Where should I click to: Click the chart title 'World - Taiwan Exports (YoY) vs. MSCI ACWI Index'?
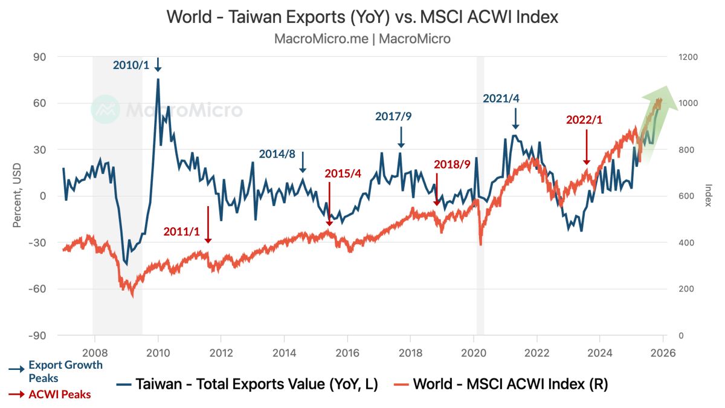pos(362,16)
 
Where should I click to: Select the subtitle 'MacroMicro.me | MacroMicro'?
pos(362,39)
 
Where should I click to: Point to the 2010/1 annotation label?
pos(130,65)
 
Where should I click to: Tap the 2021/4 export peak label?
pos(501,99)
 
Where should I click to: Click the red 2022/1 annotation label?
pos(584,120)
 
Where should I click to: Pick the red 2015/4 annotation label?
pos(343,173)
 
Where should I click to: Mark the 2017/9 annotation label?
pos(393,116)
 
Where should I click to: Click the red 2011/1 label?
pos(182,231)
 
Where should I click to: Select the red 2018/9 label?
pos(452,164)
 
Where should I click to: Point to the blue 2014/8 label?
pos(277,154)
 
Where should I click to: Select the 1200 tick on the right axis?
pos(688,57)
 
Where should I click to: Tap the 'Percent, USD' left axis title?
pos(18,196)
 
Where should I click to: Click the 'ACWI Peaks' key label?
pos(60,395)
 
